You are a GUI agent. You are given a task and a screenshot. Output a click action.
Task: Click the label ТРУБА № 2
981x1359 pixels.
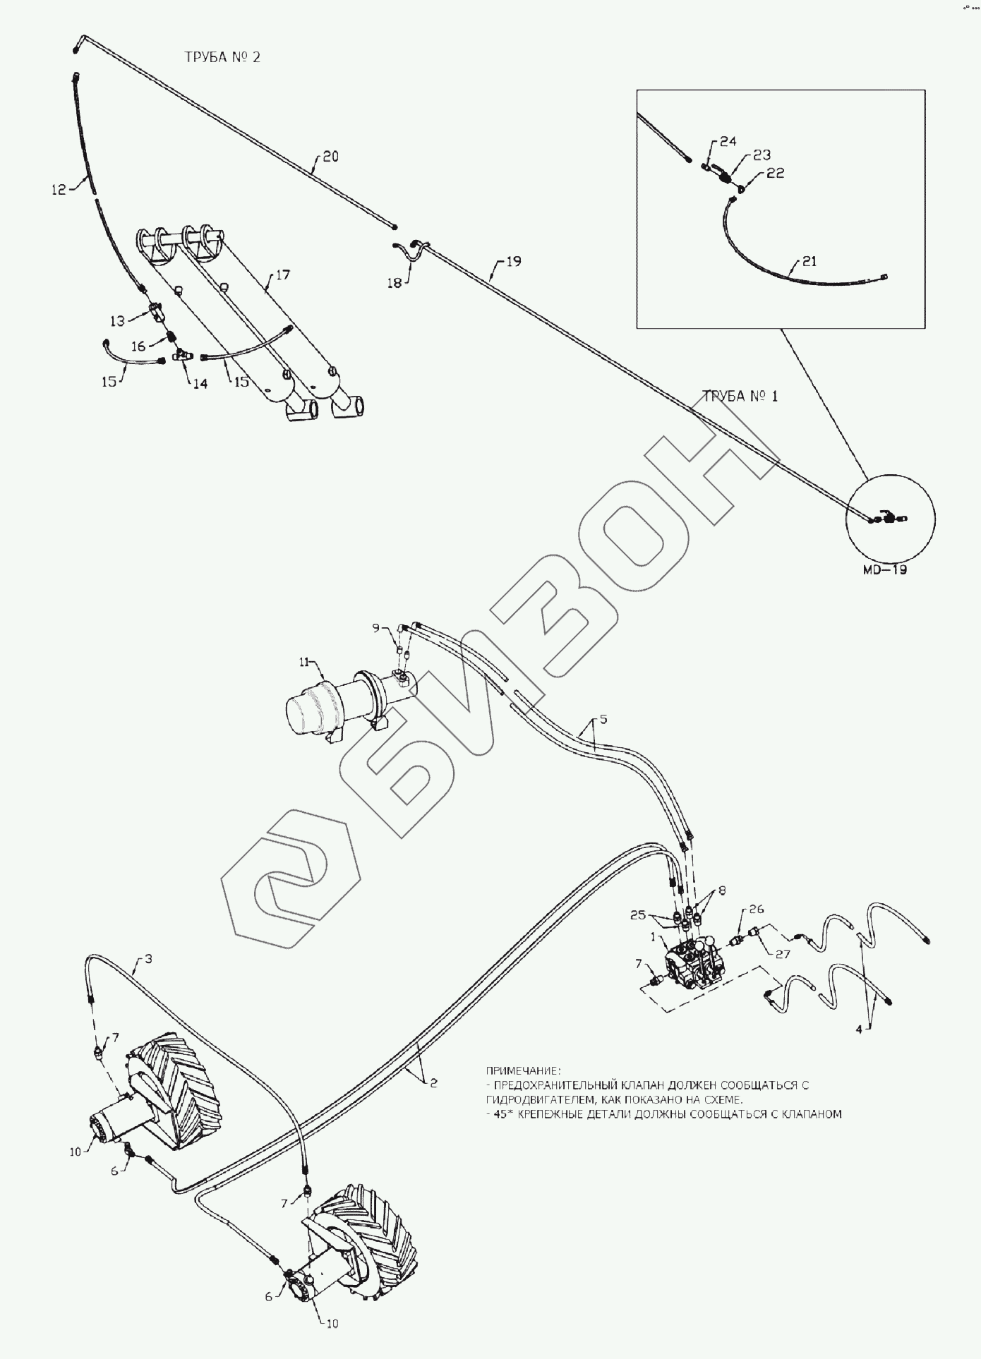[x=222, y=58]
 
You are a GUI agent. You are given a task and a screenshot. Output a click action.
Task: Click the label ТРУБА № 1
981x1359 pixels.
[x=739, y=396]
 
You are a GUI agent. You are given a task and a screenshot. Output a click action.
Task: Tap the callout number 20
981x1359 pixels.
[x=330, y=157]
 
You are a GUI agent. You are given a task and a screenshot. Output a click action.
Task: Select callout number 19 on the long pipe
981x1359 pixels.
[x=513, y=262]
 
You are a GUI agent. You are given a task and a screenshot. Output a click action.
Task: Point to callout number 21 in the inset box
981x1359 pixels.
[x=809, y=262]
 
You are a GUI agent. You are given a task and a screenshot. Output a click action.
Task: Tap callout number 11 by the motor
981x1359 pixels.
[x=304, y=662]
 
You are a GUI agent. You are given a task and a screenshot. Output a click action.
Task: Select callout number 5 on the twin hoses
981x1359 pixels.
[x=603, y=720]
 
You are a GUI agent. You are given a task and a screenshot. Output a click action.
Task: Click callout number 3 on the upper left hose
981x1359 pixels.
[x=148, y=959]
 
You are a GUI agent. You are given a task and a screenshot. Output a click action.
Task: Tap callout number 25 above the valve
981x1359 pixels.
[x=639, y=915]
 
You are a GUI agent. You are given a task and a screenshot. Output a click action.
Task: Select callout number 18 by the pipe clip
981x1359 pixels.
[x=394, y=283]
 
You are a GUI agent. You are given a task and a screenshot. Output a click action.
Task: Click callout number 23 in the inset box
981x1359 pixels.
[x=762, y=155]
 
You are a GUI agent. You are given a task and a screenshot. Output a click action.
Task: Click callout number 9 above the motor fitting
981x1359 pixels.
[x=376, y=627]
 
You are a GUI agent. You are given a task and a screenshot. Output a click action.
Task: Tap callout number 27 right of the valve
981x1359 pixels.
[x=783, y=954]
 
